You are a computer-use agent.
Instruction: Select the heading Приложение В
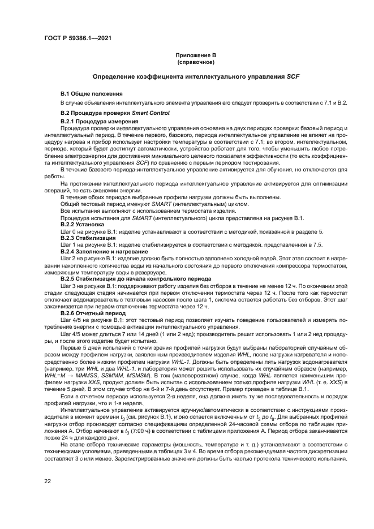tap(194, 55)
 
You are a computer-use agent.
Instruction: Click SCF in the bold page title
tap(293, 76)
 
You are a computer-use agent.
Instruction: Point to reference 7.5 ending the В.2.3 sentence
tap(317, 245)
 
